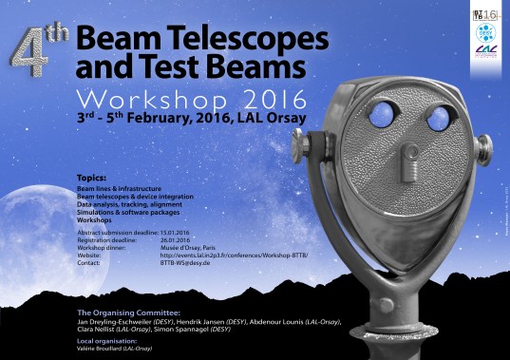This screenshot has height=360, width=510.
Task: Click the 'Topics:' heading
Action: (91, 178)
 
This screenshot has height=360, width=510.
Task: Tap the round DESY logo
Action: (484, 34)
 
